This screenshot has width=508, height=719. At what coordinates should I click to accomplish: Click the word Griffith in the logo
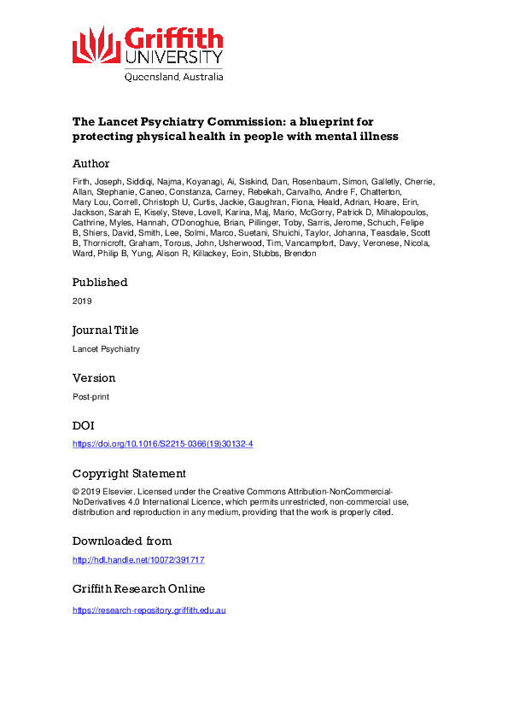(173, 38)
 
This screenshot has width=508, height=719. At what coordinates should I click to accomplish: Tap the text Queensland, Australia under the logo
(173, 76)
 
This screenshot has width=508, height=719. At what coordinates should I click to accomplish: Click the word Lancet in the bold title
(120, 122)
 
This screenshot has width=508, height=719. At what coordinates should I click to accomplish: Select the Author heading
(91, 163)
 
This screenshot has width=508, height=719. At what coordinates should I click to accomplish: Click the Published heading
(100, 283)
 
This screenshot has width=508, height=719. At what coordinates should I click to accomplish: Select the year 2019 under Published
(82, 301)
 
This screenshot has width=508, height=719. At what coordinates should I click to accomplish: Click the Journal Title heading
(105, 330)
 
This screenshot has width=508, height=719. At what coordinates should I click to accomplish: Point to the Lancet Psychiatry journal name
(106, 349)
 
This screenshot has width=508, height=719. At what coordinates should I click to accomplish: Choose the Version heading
(94, 378)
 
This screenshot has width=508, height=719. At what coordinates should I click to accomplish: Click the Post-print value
(90, 397)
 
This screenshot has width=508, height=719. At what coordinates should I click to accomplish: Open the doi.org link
(162, 445)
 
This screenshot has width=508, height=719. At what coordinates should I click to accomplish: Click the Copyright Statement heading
(129, 474)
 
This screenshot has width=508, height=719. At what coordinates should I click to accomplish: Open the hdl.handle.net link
(138, 560)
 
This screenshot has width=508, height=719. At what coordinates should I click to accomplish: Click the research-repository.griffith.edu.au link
(149, 611)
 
